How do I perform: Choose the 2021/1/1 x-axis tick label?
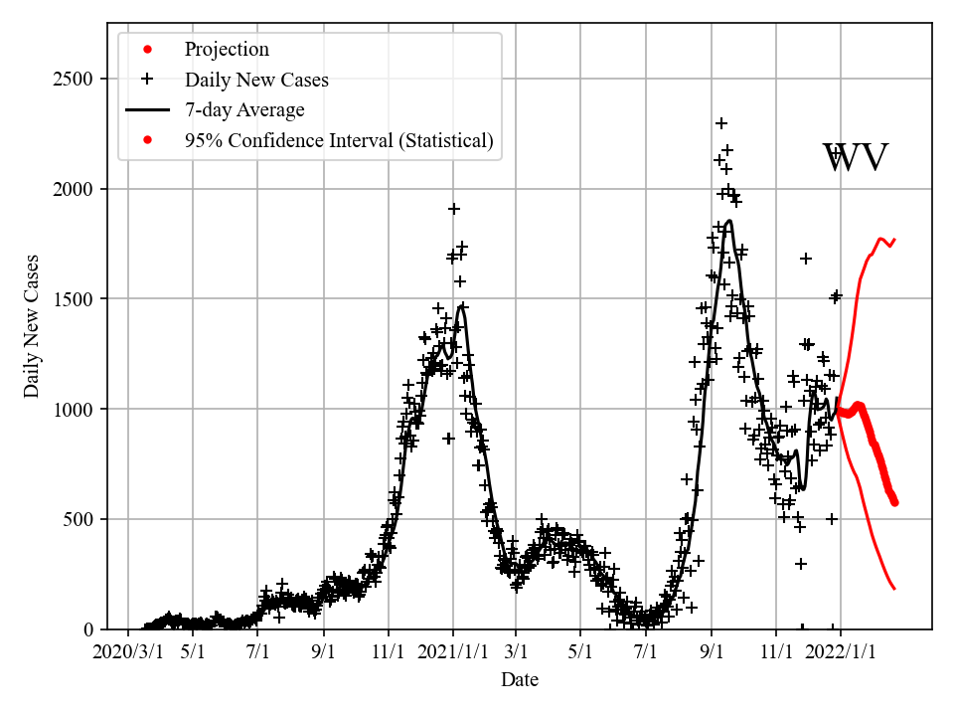[x=453, y=653]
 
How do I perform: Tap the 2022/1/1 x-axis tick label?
[x=840, y=653]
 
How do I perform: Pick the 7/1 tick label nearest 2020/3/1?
[x=258, y=653]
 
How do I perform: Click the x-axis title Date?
[x=520, y=680]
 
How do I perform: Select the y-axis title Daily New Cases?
[x=33, y=326]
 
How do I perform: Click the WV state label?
[x=855, y=158]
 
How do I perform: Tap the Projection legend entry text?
[x=227, y=50]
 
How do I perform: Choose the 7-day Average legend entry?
[x=244, y=110]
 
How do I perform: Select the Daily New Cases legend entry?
[x=256, y=80]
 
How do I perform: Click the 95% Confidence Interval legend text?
[x=339, y=140]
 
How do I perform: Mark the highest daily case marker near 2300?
[x=721, y=123]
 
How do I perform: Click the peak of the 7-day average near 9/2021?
[x=729, y=221]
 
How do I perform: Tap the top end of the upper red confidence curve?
[x=895, y=239]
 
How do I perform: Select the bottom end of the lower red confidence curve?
[x=894, y=589]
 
